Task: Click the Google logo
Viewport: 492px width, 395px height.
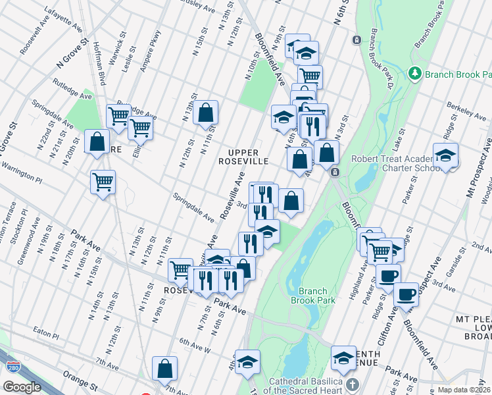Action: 22,387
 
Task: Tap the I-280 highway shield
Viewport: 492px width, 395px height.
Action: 9,364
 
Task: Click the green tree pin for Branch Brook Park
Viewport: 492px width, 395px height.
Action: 415,72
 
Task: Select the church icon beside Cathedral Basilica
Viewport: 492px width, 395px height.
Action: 353,384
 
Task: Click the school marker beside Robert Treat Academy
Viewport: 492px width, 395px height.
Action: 445,157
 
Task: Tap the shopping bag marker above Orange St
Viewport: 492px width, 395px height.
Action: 164,369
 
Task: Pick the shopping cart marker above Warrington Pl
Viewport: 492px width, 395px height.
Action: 103,181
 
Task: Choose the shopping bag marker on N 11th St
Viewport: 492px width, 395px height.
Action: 206,113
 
